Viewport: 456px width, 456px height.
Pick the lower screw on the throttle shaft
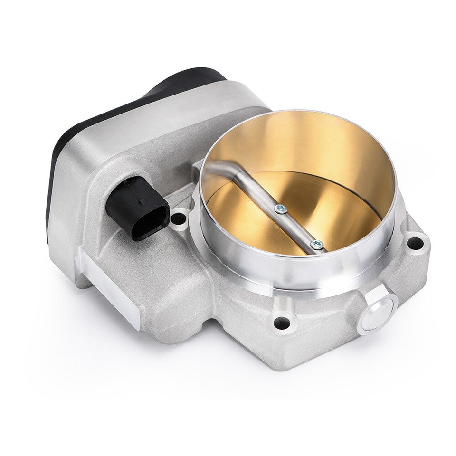point(317,245)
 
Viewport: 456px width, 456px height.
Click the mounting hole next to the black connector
point(179,219)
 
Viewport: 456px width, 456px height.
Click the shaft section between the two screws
point(298,227)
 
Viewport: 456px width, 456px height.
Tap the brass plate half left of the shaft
point(242,214)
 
